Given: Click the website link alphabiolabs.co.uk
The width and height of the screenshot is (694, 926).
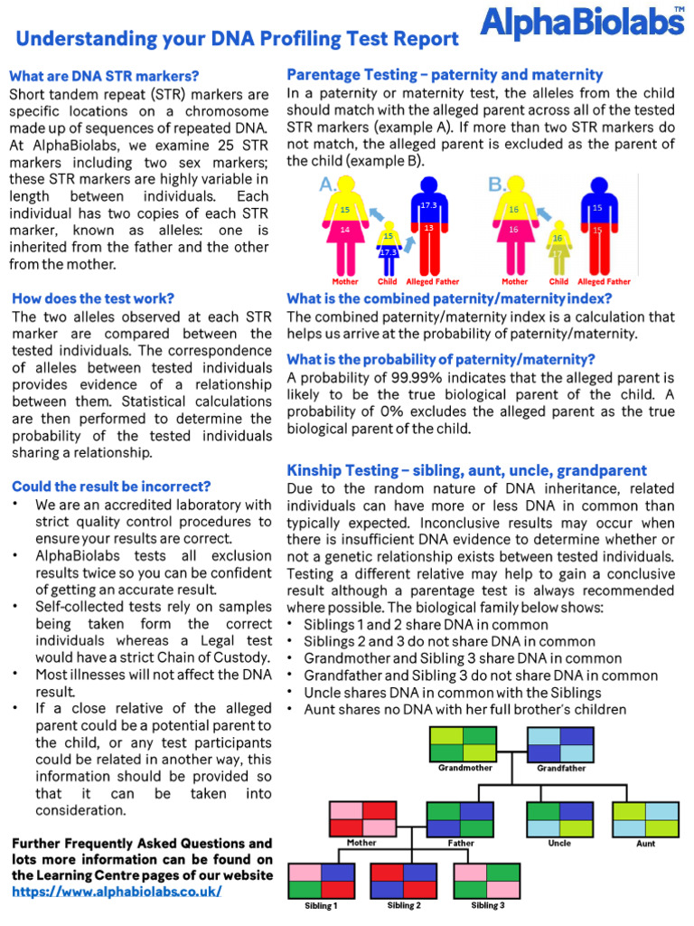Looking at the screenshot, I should tap(117, 891).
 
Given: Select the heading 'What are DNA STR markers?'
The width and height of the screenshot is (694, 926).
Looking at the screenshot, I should tap(104, 76).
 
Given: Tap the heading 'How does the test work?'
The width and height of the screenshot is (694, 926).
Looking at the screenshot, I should tap(92, 298).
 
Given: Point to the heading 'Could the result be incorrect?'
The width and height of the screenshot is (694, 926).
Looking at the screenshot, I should tap(111, 486).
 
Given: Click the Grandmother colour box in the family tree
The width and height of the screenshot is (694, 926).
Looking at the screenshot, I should tap(464, 743).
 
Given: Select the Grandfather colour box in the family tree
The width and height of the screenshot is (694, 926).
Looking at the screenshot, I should tap(560, 743).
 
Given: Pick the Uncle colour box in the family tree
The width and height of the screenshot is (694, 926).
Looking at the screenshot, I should tap(559, 818).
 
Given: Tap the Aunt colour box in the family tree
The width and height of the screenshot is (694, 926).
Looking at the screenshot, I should tap(645, 818).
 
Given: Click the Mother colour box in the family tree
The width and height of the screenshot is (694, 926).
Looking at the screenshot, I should tap(362, 818).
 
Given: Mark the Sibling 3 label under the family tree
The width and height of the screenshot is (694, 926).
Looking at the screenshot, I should tap(487, 905).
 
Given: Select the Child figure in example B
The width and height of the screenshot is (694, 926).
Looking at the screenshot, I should tap(558, 245).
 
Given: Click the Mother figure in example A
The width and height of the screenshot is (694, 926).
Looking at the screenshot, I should tap(344, 226).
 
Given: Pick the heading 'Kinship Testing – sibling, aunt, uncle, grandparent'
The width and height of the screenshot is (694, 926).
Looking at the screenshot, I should tap(466, 470).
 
